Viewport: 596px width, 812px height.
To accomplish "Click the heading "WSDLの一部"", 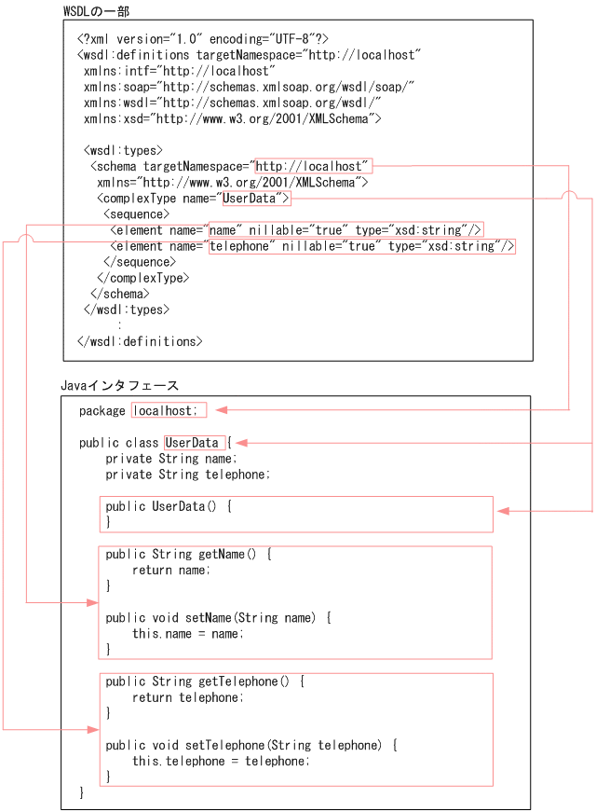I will (97, 10).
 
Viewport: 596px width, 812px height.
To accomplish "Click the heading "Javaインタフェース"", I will (119, 385).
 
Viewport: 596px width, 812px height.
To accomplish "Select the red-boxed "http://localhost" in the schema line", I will (313, 166).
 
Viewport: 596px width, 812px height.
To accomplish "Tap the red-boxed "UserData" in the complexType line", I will (256, 199).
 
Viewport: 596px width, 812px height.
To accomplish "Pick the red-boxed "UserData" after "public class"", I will (193, 443).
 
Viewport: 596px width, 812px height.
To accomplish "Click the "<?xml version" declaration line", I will (202, 39).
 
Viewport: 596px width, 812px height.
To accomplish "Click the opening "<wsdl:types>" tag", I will (123, 150).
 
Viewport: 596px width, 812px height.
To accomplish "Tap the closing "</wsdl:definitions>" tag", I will (139, 341).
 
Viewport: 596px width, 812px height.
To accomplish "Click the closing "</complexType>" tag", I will (142, 278).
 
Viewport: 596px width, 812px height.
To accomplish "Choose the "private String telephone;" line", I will (187, 475).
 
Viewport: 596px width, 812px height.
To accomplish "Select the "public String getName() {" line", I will (188, 555).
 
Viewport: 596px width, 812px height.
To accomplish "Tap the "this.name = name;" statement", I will (187, 634).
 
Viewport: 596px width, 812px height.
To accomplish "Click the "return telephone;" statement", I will (185, 697).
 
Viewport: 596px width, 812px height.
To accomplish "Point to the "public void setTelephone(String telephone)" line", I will (251, 745).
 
